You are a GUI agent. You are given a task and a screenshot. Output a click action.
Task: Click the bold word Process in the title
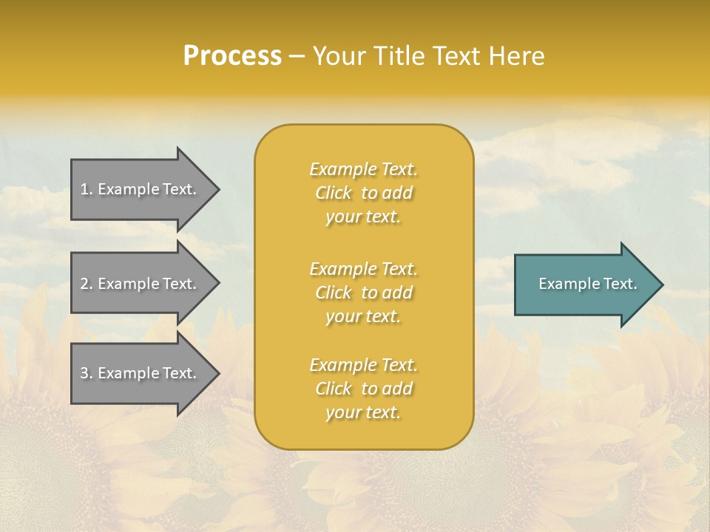(232, 56)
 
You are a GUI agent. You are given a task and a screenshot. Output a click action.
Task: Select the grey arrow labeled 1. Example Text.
(141, 189)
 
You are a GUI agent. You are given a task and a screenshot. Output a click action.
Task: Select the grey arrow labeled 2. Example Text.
(141, 284)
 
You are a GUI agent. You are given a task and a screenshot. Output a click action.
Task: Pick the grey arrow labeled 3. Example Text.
(141, 373)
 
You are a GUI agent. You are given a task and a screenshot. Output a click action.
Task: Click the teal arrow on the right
(584, 284)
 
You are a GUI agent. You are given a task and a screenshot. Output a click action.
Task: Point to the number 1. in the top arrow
(87, 189)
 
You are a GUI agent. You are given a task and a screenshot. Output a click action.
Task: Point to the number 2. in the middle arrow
(87, 284)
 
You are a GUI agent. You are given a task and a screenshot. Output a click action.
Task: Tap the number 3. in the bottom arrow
(87, 373)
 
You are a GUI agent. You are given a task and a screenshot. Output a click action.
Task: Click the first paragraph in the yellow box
(363, 193)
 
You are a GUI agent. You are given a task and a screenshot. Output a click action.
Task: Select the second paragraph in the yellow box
(363, 293)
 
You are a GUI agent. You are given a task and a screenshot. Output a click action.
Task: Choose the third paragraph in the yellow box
(363, 389)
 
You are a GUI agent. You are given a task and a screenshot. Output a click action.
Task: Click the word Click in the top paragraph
(334, 194)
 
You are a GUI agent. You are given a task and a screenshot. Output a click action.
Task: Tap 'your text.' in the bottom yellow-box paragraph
(363, 413)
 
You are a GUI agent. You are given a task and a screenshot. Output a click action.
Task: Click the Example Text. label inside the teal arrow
(587, 284)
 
